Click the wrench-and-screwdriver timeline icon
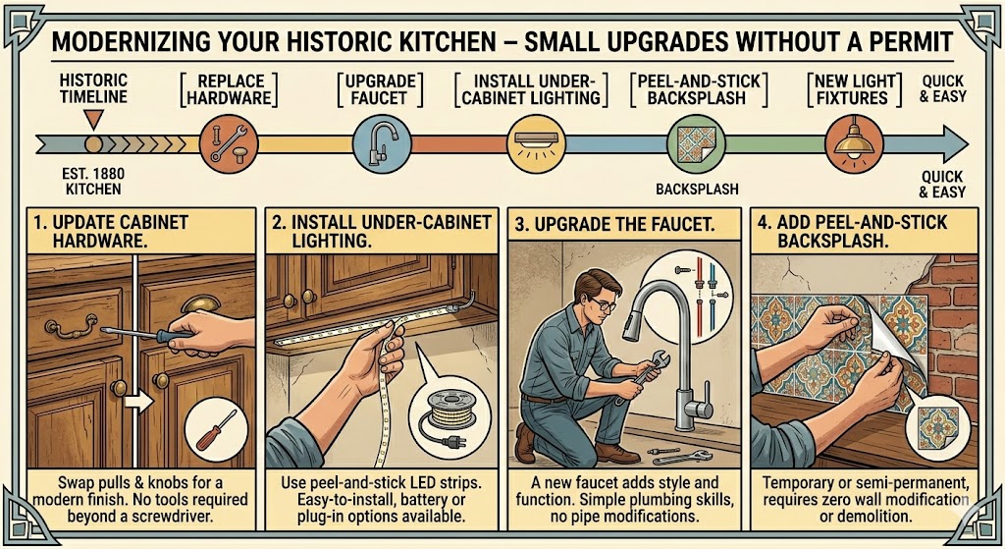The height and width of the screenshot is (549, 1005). point(229,144)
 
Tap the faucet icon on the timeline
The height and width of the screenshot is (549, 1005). point(382,144)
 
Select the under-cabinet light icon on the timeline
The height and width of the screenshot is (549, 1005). point(535,144)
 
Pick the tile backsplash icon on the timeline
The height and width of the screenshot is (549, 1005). point(696,144)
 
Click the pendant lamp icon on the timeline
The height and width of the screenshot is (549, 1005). point(854,144)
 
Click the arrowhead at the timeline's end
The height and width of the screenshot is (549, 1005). point(955,143)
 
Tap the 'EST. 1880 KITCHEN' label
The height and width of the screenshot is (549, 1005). point(93,181)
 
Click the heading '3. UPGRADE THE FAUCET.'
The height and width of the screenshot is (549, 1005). point(614,225)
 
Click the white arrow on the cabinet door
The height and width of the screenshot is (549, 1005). point(139,402)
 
